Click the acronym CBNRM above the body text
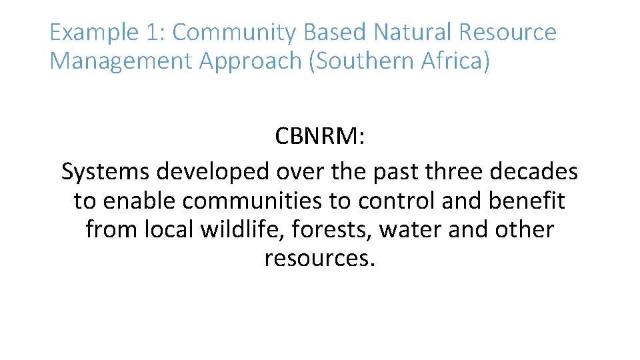[x=317, y=137]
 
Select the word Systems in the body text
[x=106, y=172]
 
